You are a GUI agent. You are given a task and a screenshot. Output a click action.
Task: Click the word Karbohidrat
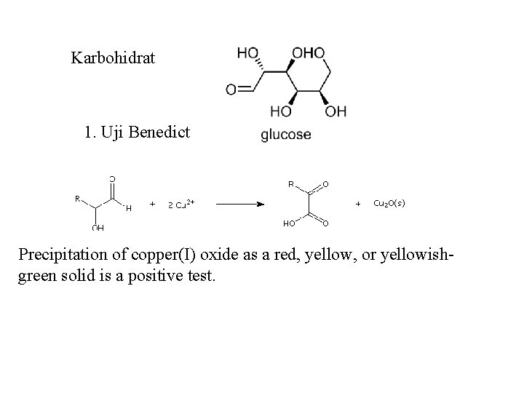coord(113,57)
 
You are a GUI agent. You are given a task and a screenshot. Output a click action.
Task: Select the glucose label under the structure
coord(285,135)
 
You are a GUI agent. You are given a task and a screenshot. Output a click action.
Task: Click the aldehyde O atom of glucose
coord(231,90)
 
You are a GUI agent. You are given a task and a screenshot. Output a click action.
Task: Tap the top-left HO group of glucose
coord(248,53)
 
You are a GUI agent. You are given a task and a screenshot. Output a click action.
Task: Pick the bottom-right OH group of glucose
coord(336,111)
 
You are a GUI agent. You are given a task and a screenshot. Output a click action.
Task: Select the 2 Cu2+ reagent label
coord(180,204)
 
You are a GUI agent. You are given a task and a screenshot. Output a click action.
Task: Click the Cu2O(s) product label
coord(389,204)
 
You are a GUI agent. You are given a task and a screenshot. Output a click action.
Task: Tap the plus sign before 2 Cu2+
coord(151,204)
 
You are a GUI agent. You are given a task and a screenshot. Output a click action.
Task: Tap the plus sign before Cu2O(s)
coord(357,204)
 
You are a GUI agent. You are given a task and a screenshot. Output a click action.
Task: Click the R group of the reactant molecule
coord(78,197)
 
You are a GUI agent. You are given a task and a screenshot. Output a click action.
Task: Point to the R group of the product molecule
coord(291,184)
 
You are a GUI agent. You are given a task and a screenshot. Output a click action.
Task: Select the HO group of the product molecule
coord(288,223)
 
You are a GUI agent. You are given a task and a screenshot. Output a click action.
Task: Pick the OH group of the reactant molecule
coord(98,228)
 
